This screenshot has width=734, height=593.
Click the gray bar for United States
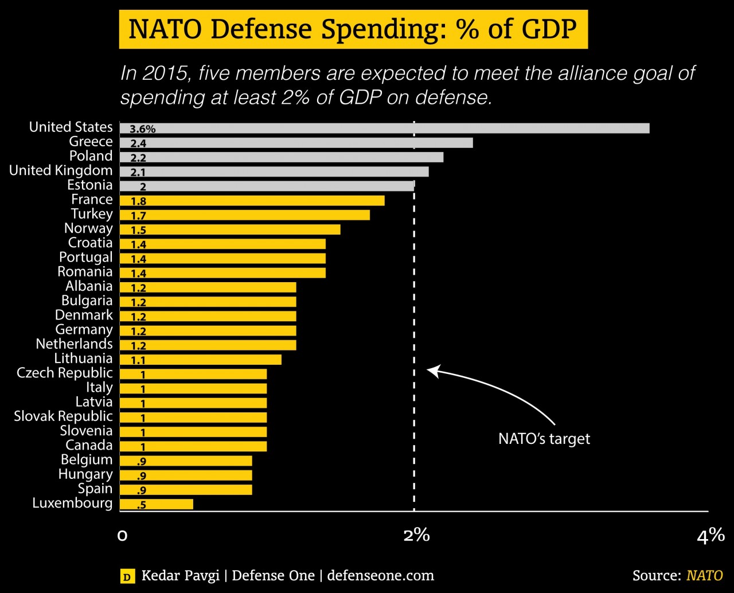pos(384,128)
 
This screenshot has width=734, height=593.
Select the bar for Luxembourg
pos(157,504)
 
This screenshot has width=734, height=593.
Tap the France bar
pos(252,201)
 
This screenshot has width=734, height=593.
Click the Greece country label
pos(91,142)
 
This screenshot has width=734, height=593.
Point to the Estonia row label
pos(89,185)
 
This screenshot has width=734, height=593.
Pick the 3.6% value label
pos(142,129)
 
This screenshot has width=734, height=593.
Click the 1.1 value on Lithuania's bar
pos(138,360)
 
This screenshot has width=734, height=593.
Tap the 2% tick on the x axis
pos(416,536)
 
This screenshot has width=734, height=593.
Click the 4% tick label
pos(710,536)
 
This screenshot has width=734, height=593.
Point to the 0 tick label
pos(122,536)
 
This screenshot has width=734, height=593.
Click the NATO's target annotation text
pos(544,439)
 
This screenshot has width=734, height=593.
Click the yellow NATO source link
pos(704,575)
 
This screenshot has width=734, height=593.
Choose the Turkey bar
pos(245,215)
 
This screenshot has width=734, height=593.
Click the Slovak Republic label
pos(63,416)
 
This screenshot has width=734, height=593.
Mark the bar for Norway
pos(230,229)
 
